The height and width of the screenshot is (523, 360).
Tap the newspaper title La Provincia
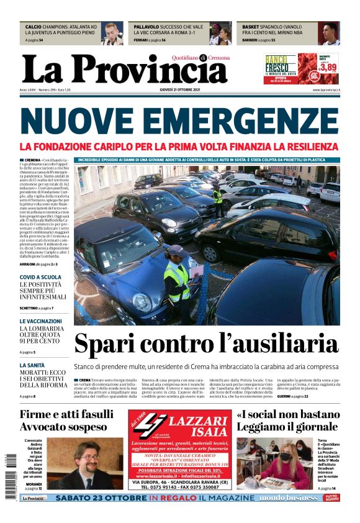(x=124, y=69)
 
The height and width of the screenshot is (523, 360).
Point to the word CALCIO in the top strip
(x=34, y=27)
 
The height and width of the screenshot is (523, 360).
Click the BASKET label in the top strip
(x=250, y=27)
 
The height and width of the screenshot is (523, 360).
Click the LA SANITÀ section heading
(x=32, y=365)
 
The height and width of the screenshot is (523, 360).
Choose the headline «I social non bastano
(x=287, y=414)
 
